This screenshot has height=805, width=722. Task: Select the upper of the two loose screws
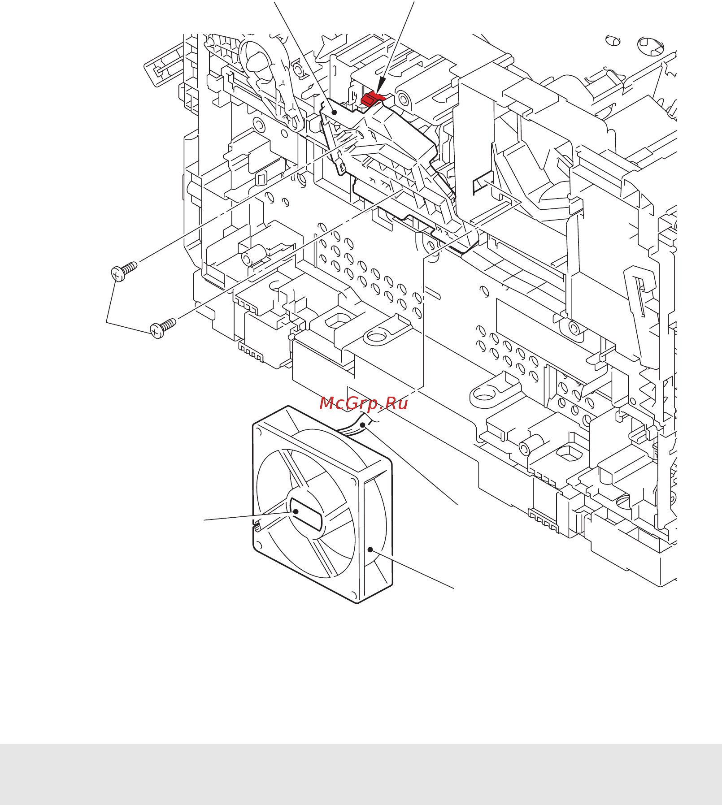click(x=123, y=271)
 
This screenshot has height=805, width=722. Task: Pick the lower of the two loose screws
click(x=162, y=328)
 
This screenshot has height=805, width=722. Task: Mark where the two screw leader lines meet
click(x=107, y=322)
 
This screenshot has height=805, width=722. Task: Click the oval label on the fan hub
click(x=306, y=514)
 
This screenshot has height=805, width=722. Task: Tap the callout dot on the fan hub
click(x=296, y=511)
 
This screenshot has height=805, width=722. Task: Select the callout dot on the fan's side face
click(x=370, y=550)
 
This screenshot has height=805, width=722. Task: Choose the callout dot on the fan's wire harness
click(x=362, y=424)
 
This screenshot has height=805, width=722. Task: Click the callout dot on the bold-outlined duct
click(x=334, y=112)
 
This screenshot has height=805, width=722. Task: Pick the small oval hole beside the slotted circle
click(x=613, y=40)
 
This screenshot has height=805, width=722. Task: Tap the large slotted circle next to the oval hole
click(x=650, y=46)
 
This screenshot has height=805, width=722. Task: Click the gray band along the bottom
click(x=361, y=774)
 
